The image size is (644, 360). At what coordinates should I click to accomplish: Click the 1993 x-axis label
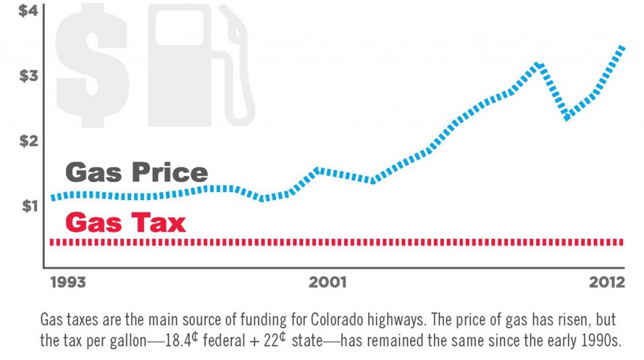click(x=68, y=282)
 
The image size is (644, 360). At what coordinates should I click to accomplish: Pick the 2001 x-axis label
click(x=327, y=282)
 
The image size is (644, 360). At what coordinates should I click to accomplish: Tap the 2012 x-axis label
click(x=608, y=282)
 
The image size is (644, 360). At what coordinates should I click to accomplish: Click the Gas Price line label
click(x=136, y=172)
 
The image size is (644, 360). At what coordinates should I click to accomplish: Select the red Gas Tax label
click(x=125, y=223)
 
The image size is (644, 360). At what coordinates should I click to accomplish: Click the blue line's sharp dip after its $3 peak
click(x=567, y=117)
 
